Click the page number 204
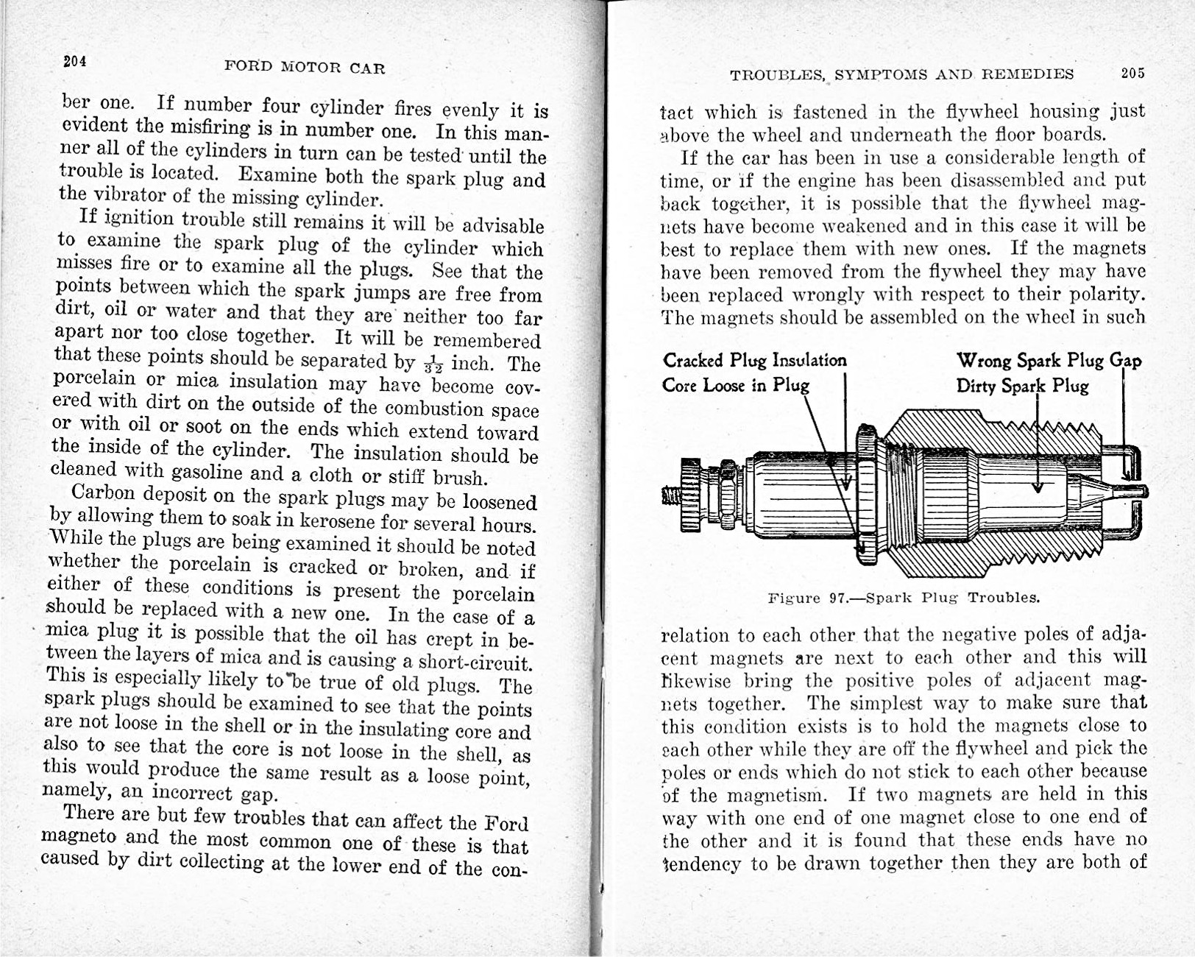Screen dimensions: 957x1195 point(75,62)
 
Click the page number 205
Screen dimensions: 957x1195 point(1133,73)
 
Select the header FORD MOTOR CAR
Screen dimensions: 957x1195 point(305,68)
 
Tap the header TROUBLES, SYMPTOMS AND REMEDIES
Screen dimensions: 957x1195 point(901,74)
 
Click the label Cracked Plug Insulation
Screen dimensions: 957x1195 point(754,360)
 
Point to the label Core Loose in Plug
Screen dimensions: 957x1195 point(735,385)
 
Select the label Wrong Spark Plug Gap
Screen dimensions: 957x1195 point(1049,360)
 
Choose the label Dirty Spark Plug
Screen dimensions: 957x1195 point(1022,386)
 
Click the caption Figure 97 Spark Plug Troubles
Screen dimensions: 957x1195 point(904,597)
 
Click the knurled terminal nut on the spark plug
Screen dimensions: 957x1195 point(691,495)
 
